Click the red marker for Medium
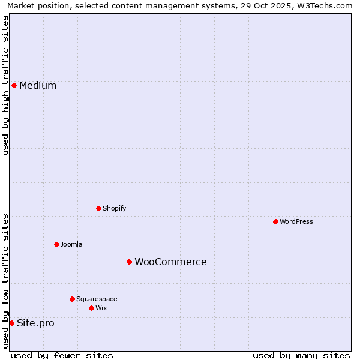point(14,85)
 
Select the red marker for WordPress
point(275,221)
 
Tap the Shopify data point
point(98,208)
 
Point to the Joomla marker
point(56,244)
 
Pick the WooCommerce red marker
point(129,262)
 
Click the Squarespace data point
point(72,299)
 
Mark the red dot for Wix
point(91,308)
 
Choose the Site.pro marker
point(11,323)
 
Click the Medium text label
point(38,85)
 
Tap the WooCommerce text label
point(170,262)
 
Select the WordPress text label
point(296,221)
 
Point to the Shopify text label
point(114,208)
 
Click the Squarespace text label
point(97,299)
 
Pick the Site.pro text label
point(35,323)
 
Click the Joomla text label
point(71,244)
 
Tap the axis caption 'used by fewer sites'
point(62,355)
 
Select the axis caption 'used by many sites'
point(301,355)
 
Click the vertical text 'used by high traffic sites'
point(5,85)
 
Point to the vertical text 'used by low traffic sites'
point(5,281)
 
